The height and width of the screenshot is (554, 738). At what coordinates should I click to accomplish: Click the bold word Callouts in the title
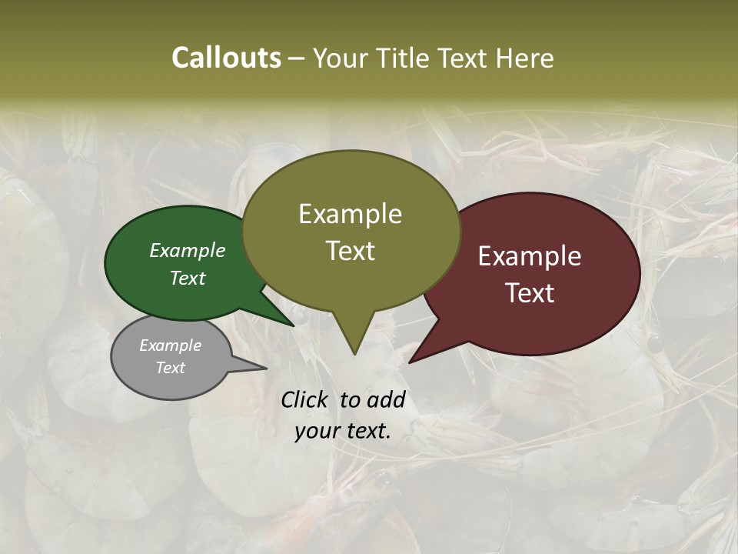coord(226,58)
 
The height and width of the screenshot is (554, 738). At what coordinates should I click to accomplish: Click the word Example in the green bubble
coord(187,250)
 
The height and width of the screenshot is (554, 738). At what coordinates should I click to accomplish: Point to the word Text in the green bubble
coord(187,278)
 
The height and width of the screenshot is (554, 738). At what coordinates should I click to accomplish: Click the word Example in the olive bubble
coord(350,214)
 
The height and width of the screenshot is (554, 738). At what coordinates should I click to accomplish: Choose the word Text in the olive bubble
coord(350,251)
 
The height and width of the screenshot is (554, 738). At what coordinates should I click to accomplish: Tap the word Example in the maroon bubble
coord(530,256)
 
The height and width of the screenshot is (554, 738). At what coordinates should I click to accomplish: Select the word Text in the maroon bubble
coord(530,293)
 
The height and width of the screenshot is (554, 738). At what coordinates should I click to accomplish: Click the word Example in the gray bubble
coord(170,345)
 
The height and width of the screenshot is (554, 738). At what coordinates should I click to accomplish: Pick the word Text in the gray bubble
coord(170,368)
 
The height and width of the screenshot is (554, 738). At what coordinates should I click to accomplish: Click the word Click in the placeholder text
coord(304,399)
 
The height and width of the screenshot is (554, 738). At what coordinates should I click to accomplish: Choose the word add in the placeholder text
coord(386,399)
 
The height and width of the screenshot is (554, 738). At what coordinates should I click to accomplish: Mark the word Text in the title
coord(465,58)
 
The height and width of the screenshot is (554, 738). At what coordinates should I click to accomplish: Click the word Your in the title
coord(341,58)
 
